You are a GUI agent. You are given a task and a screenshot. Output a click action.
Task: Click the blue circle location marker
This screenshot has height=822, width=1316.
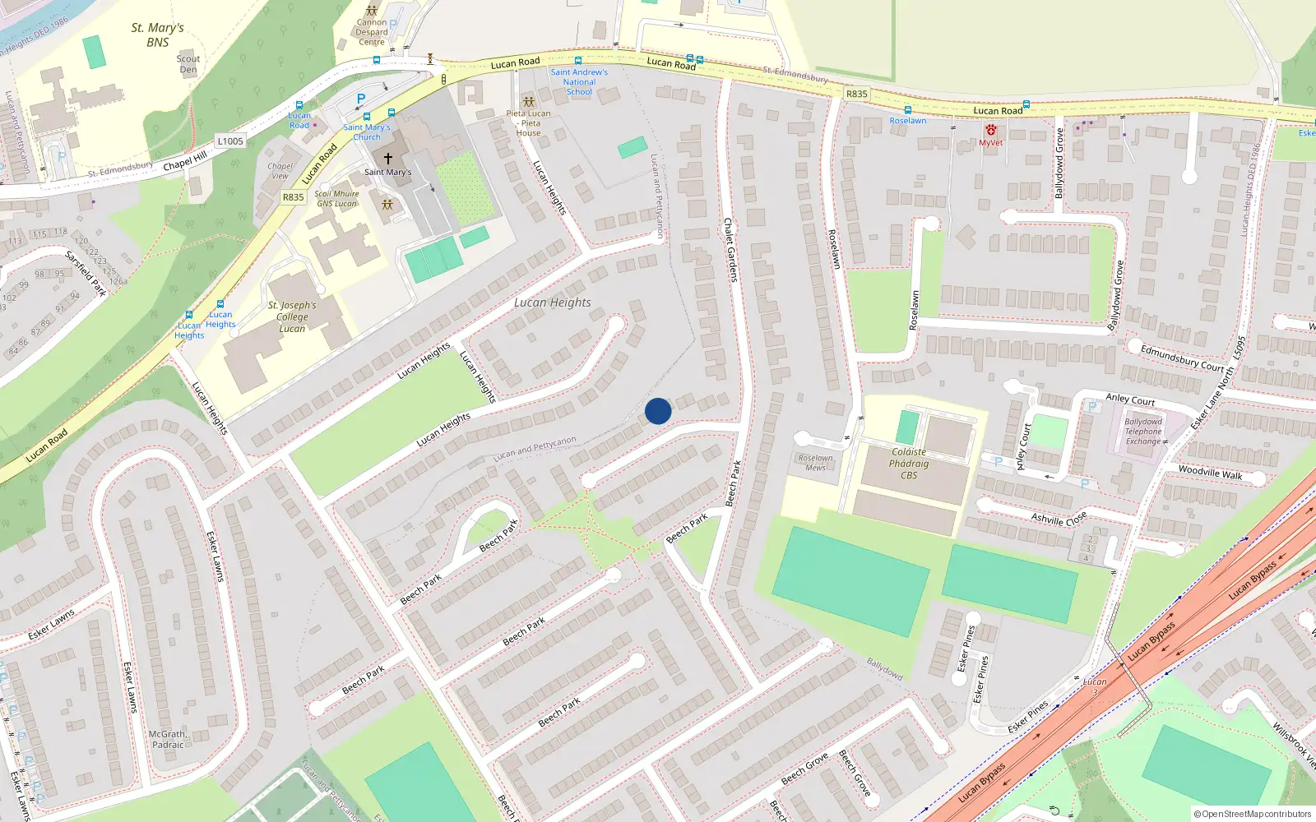pyautogui.click(x=658, y=411)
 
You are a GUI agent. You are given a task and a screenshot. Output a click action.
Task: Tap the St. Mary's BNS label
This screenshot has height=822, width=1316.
pyautogui.click(x=158, y=35)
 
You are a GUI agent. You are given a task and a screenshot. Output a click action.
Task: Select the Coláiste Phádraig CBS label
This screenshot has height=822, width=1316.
pyautogui.click(x=909, y=464)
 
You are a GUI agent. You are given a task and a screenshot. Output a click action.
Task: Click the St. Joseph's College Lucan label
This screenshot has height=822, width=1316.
pyautogui.click(x=292, y=316)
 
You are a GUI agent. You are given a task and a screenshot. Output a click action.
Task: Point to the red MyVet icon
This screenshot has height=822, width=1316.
pyautogui.click(x=991, y=130)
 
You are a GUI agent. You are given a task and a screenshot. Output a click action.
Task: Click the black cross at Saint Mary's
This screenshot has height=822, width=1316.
pyautogui.click(x=388, y=158)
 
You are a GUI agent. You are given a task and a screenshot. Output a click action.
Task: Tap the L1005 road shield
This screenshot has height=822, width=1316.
pyautogui.click(x=230, y=141)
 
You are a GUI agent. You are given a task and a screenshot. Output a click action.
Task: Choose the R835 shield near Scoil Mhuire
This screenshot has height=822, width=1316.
pyautogui.click(x=294, y=197)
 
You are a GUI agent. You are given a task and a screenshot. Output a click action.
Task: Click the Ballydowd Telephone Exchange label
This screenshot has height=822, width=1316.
pyautogui.click(x=1143, y=432)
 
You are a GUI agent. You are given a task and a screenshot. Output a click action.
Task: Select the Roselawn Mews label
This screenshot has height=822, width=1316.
pyautogui.click(x=816, y=463)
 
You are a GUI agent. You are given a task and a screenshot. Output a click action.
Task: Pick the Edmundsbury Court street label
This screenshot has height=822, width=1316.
pyautogui.click(x=1182, y=358)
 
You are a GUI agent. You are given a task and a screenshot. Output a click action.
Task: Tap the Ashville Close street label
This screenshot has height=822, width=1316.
pyautogui.click(x=1059, y=519)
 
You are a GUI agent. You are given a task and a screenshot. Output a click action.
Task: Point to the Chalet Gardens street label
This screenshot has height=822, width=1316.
pyautogui.click(x=730, y=250)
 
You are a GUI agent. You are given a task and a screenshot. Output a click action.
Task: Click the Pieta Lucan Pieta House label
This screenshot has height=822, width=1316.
pyautogui.click(x=529, y=123)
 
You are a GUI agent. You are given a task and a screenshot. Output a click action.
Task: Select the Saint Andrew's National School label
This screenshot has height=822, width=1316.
pyautogui.click(x=579, y=82)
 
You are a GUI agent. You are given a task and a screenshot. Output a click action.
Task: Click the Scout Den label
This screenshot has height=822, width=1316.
pyautogui.click(x=188, y=64)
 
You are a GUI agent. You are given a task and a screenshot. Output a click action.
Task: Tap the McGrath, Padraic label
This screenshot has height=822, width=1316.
pyautogui.click(x=169, y=739)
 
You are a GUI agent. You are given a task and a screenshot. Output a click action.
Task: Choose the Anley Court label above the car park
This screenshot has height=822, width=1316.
pyautogui.click(x=1130, y=399)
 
